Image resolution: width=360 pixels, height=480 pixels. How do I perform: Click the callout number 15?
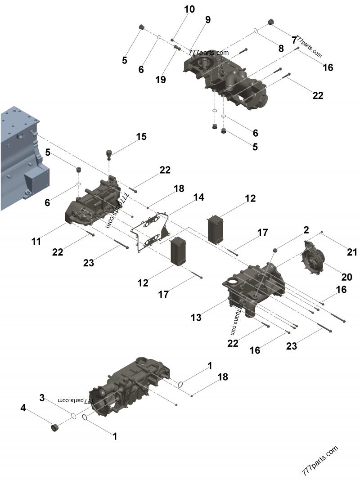click(x=141, y=137)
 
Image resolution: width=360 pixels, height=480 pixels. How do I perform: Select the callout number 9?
click(x=207, y=20)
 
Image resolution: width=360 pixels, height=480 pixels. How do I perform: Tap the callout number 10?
click(x=189, y=9)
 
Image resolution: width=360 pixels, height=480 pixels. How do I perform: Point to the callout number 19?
click(x=161, y=80)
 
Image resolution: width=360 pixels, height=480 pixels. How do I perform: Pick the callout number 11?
click(x=36, y=241)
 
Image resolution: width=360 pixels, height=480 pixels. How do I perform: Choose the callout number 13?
click(x=196, y=318)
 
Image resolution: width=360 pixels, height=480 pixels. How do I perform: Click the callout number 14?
click(x=199, y=197)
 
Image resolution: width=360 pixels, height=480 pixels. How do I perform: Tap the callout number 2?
click(x=306, y=230)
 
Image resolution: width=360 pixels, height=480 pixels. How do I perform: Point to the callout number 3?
click(x=42, y=398)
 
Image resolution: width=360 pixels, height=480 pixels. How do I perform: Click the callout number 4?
click(x=23, y=408)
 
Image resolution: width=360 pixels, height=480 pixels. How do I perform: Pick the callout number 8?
click(x=281, y=48)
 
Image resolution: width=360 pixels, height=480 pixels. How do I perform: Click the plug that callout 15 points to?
click(x=108, y=154)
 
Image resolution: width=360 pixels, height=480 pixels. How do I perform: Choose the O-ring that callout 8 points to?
click(x=255, y=31)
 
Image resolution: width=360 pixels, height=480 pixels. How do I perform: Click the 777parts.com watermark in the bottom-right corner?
click(x=320, y=462)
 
